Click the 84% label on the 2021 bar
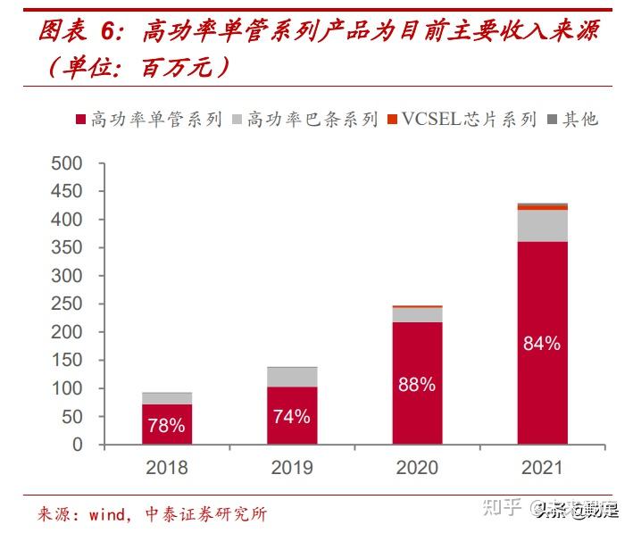(542, 343)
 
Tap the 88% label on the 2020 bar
(417, 384)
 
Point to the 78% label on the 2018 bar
(167, 426)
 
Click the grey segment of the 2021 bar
(542, 226)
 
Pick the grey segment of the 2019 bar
(292, 377)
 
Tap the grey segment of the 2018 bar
(167, 398)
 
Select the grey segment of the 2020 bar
(417, 314)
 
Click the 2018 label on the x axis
(167, 468)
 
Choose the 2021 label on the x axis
(542, 468)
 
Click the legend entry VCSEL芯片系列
(460, 120)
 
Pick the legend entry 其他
(572, 120)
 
